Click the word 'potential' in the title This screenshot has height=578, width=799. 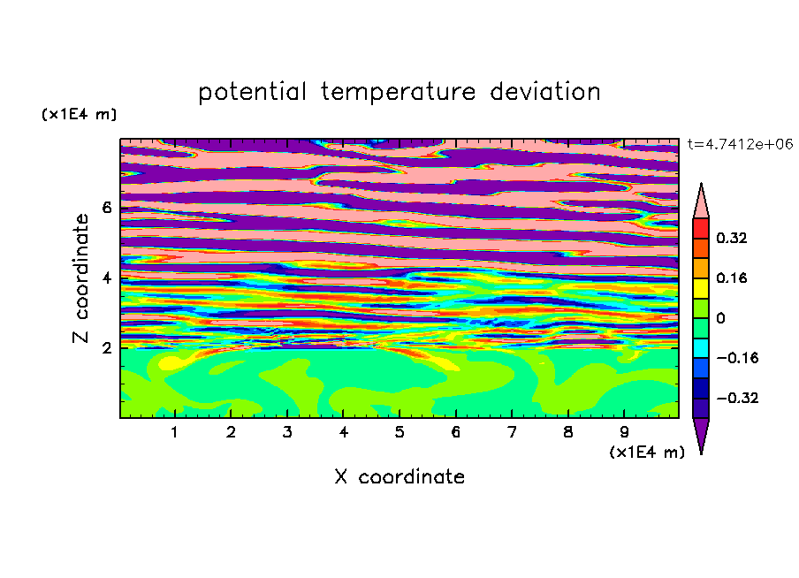click(x=252, y=93)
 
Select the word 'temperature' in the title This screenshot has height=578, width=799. click(x=399, y=93)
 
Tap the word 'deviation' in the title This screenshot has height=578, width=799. click(x=545, y=92)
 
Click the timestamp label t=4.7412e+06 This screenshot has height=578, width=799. click(x=740, y=144)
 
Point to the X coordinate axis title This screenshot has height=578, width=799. click(x=399, y=476)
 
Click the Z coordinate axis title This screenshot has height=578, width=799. click(x=80, y=278)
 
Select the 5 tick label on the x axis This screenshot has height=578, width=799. click(x=399, y=432)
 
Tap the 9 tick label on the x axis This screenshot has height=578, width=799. click(x=624, y=432)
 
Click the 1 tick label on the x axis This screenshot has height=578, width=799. click(x=175, y=432)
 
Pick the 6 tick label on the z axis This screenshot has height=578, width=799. click(x=106, y=208)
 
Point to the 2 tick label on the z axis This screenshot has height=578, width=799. click(x=106, y=348)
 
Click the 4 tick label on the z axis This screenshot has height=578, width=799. click(x=106, y=278)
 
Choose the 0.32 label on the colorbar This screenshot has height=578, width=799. click(x=731, y=238)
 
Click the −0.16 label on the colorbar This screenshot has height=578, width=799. click(x=737, y=358)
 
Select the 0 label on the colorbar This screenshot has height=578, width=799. click(x=720, y=318)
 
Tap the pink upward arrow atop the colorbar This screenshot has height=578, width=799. click(x=701, y=201)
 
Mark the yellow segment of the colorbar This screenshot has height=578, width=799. click(x=701, y=288)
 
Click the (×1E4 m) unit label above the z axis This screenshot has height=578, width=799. click(x=79, y=114)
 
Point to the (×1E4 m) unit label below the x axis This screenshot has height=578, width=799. click(x=647, y=453)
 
